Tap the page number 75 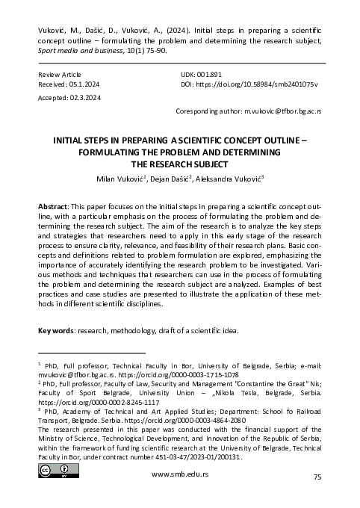317,497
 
